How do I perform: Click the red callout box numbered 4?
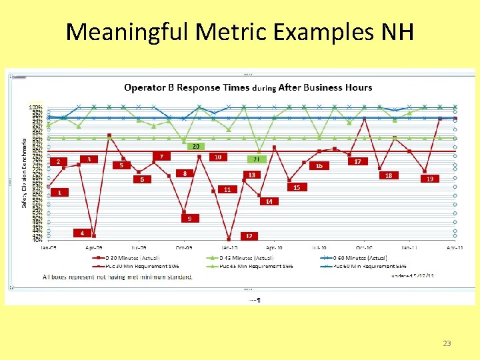[83, 233]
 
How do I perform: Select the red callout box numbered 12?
[249, 235]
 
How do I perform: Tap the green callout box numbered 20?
[195, 145]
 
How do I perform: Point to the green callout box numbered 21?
[257, 159]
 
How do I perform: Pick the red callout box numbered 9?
[190, 218]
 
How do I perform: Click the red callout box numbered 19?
[430, 179]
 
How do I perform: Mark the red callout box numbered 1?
[59, 192]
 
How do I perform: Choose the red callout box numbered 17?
[358, 161]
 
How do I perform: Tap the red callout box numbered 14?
[269, 201]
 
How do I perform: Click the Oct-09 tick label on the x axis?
[184, 247]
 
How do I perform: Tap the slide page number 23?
[447, 343]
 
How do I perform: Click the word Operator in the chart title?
[147, 87]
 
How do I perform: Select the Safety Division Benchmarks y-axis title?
[25, 173]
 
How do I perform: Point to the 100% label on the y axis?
[35, 107]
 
